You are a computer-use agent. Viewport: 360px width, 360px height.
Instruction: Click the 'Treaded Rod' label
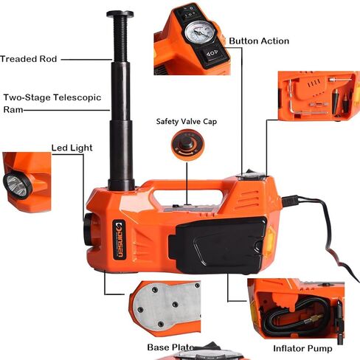tap(29, 59)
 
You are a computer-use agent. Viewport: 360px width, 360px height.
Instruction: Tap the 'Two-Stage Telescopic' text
tap(52, 97)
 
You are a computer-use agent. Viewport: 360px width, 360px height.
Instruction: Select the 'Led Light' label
tap(72, 148)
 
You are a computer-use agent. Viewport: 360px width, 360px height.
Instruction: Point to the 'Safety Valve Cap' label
tap(187, 122)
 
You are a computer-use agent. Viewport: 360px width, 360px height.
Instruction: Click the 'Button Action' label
tap(259, 41)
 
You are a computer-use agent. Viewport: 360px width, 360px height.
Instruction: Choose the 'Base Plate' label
tap(170, 347)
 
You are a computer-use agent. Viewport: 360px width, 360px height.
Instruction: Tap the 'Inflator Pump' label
tap(302, 348)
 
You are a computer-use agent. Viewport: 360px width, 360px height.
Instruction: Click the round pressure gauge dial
tap(200, 32)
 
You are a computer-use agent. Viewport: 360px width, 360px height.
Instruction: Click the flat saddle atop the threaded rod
tap(120, 14)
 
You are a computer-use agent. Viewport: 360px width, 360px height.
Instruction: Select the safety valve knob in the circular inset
tap(186, 144)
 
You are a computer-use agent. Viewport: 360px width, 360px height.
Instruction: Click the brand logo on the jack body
tap(120, 239)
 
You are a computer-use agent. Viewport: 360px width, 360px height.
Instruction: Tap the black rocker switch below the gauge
tap(212, 53)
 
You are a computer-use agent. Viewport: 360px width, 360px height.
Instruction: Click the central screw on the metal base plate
tap(175, 305)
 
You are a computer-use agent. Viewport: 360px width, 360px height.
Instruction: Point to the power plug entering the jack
tap(290, 201)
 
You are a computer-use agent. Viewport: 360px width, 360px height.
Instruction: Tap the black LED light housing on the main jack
tap(89, 229)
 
